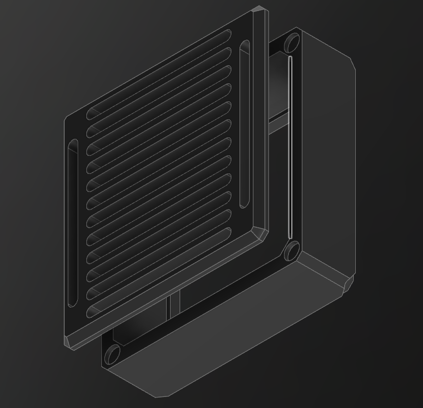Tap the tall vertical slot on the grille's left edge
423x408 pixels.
click(x=73, y=223)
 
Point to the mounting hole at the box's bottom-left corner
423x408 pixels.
click(x=112, y=355)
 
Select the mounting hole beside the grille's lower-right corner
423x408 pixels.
click(x=292, y=251)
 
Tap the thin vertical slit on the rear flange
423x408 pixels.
click(x=291, y=148)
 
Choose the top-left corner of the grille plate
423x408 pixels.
click(x=67, y=119)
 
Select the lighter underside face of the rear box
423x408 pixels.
click(x=226, y=331)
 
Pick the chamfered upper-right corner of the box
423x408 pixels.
click(x=352, y=65)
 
